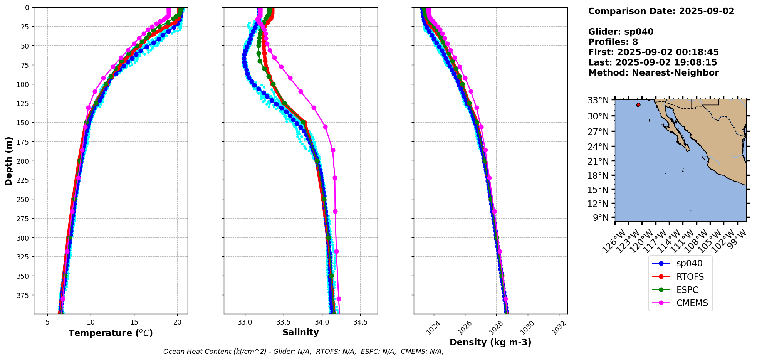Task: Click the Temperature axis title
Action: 111,333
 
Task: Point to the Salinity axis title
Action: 300,333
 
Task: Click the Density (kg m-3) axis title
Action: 490,342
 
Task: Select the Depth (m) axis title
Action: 9,161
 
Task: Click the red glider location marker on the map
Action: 638,105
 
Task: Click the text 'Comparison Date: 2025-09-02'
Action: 661,11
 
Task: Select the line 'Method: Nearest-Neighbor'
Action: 653,73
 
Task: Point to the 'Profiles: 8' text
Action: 613,42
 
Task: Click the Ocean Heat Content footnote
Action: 303,352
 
